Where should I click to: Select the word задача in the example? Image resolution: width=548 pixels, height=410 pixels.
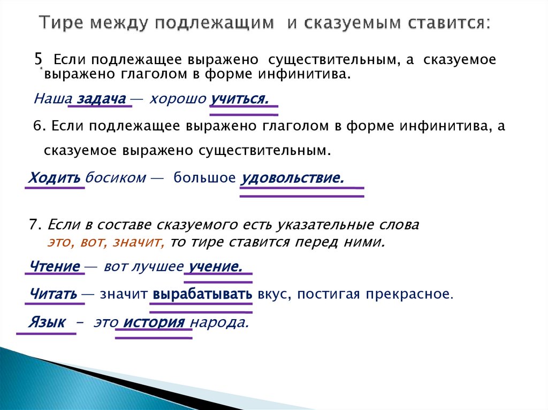[101, 99]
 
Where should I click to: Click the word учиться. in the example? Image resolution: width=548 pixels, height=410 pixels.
[239, 99]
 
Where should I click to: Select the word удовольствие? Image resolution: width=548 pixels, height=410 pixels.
[292, 177]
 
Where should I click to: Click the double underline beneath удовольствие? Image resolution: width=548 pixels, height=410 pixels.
[302, 192]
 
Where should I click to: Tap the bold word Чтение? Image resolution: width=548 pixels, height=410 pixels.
[55, 266]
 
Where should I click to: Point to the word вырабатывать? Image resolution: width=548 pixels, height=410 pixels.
[202, 293]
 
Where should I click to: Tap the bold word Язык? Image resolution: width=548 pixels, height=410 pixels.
[48, 322]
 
